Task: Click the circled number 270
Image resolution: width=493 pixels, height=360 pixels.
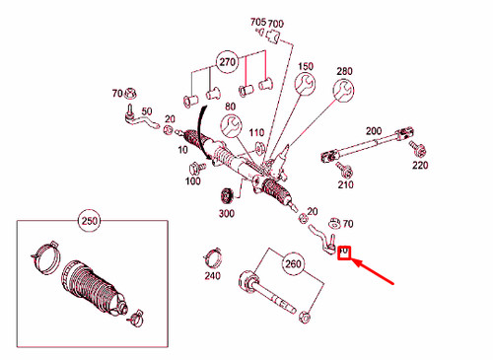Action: [x=229, y=61]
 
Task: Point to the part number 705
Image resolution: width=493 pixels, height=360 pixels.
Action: [x=257, y=22]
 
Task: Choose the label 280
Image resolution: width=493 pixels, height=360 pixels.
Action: [x=344, y=72]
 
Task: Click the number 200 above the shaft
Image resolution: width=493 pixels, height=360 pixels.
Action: [x=373, y=130]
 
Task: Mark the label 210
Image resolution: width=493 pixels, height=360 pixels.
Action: [x=345, y=184]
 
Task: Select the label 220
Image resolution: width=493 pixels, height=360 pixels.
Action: [x=421, y=166]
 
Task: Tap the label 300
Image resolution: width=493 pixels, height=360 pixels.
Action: [x=226, y=213]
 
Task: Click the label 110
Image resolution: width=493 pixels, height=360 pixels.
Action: [x=256, y=132]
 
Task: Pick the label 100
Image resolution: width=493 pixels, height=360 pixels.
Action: [x=192, y=182]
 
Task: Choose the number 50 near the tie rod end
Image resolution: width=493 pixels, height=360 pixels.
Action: [x=147, y=110]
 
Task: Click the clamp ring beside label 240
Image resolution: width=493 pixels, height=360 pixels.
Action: [x=211, y=258]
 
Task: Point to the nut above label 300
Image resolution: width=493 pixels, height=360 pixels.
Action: [x=224, y=192]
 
